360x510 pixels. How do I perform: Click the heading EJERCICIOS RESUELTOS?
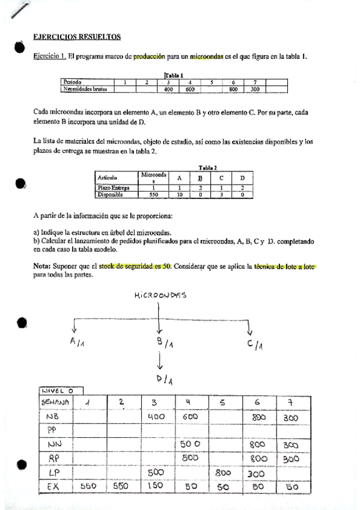(77, 37)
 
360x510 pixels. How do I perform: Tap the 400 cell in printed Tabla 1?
(168, 90)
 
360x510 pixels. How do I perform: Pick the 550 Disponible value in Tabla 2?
(153, 195)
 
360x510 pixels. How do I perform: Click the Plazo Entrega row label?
(113, 188)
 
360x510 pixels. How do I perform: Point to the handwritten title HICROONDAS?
(160, 295)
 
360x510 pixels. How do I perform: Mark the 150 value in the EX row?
(158, 486)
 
